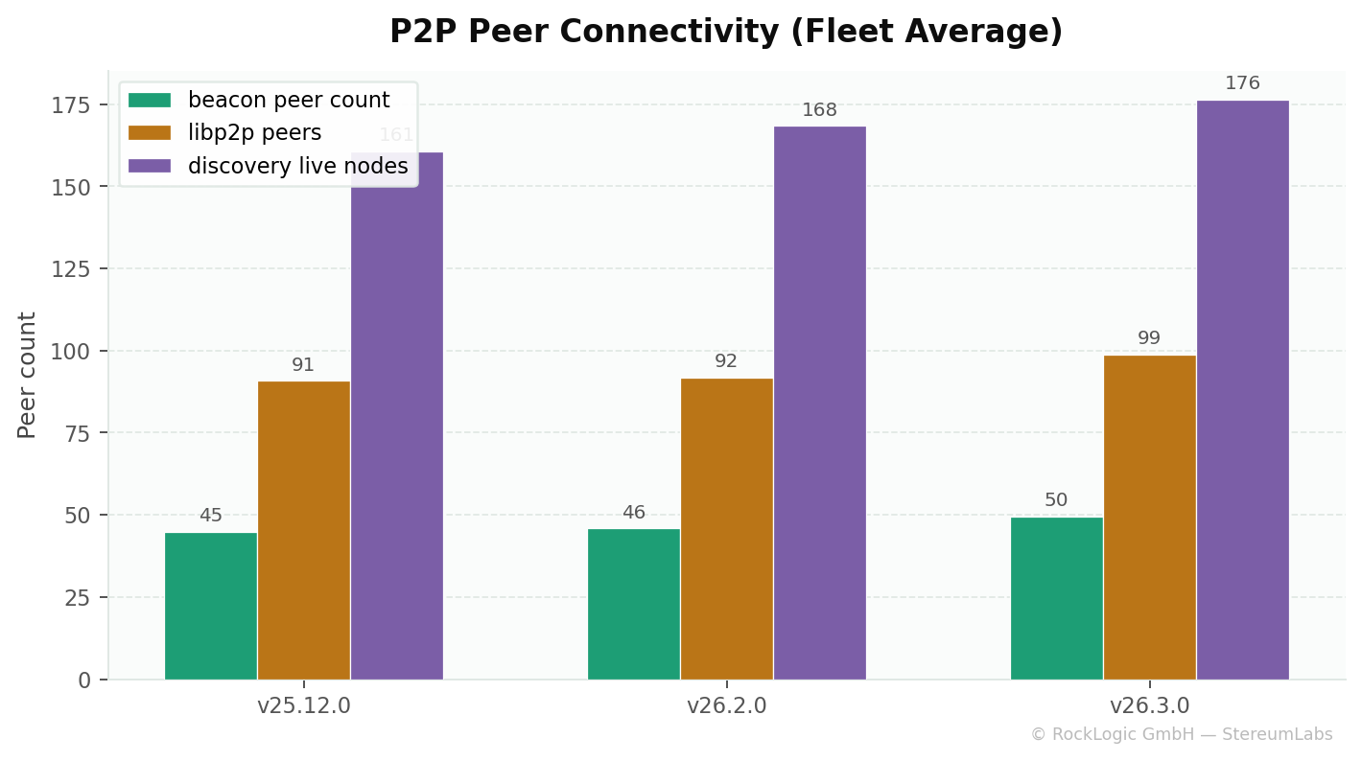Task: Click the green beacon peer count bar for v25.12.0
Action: pyautogui.click(x=211, y=606)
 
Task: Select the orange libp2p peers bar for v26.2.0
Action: pyautogui.click(x=726, y=528)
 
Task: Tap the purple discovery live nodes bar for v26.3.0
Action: pyautogui.click(x=1242, y=389)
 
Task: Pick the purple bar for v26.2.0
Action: pyautogui.click(x=819, y=403)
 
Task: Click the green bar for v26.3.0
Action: pyautogui.click(x=1056, y=598)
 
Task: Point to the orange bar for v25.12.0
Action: pyautogui.click(x=303, y=530)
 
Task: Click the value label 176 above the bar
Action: pyautogui.click(x=1242, y=83)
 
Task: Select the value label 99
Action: pyautogui.click(x=1149, y=338)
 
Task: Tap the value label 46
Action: pyautogui.click(x=633, y=513)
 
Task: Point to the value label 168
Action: pyautogui.click(x=819, y=110)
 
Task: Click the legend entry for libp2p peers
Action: pyautogui.click(x=254, y=133)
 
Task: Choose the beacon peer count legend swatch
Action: pyautogui.click(x=150, y=101)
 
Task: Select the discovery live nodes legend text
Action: pyautogui.click(x=297, y=166)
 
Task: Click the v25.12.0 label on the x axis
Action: pyautogui.click(x=303, y=706)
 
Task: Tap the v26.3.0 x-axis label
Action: pyautogui.click(x=1149, y=706)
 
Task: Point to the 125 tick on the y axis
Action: pyautogui.click(x=71, y=269)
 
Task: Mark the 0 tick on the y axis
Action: pyautogui.click(x=84, y=680)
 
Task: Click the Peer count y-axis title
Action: pyautogui.click(x=27, y=375)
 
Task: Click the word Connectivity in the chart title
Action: pyautogui.click(x=669, y=33)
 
